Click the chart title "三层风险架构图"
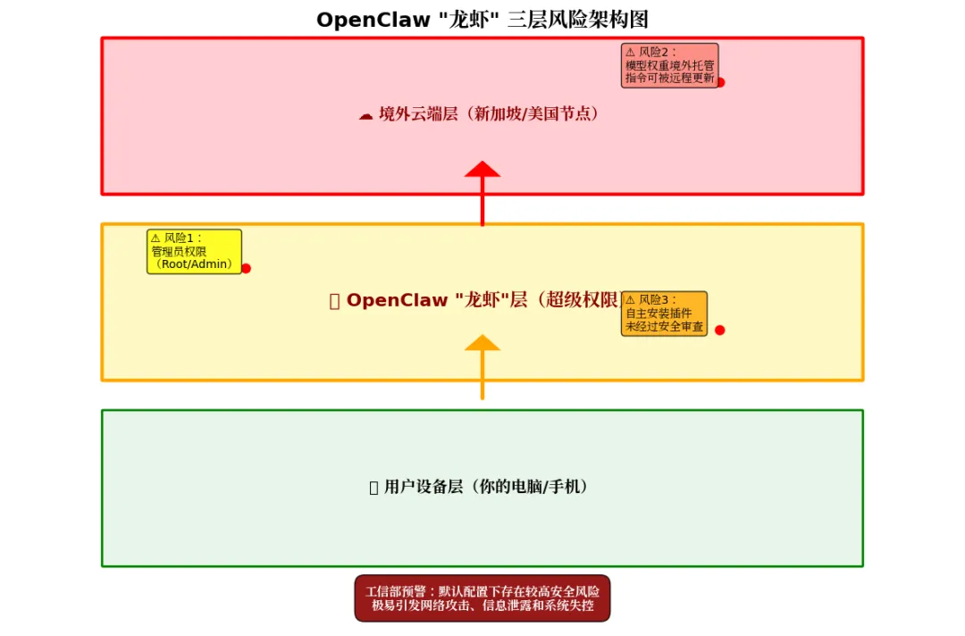pyautogui.click(x=577, y=20)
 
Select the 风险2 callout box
pyautogui.click(x=669, y=65)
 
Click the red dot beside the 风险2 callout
pyautogui.click(x=720, y=82)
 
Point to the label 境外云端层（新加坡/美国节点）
pyautogui.click(x=488, y=114)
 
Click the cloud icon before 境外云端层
pyautogui.click(x=365, y=115)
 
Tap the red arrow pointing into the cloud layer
pyautogui.click(x=482, y=192)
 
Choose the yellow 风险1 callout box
pyautogui.click(x=194, y=251)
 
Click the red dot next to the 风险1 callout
pyautogui.click(x=246, y=268)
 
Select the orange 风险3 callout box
pyautogui.click(x=664, y=314)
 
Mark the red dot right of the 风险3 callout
pyautogui.click(x=719, y=330)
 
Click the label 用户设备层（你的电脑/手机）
pyautogui.click(x=486, y=487)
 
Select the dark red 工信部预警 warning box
pyautogui.click(x=482, y=598)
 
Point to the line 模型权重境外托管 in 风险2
pyautogui.click(x=669, y=65)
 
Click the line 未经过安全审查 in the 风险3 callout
pyautogui.click(x=664, y=327)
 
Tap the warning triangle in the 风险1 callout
pyautogui.click(x=155, y=238)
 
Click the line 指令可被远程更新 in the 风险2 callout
pyautogui.click(x=669, y=79)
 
